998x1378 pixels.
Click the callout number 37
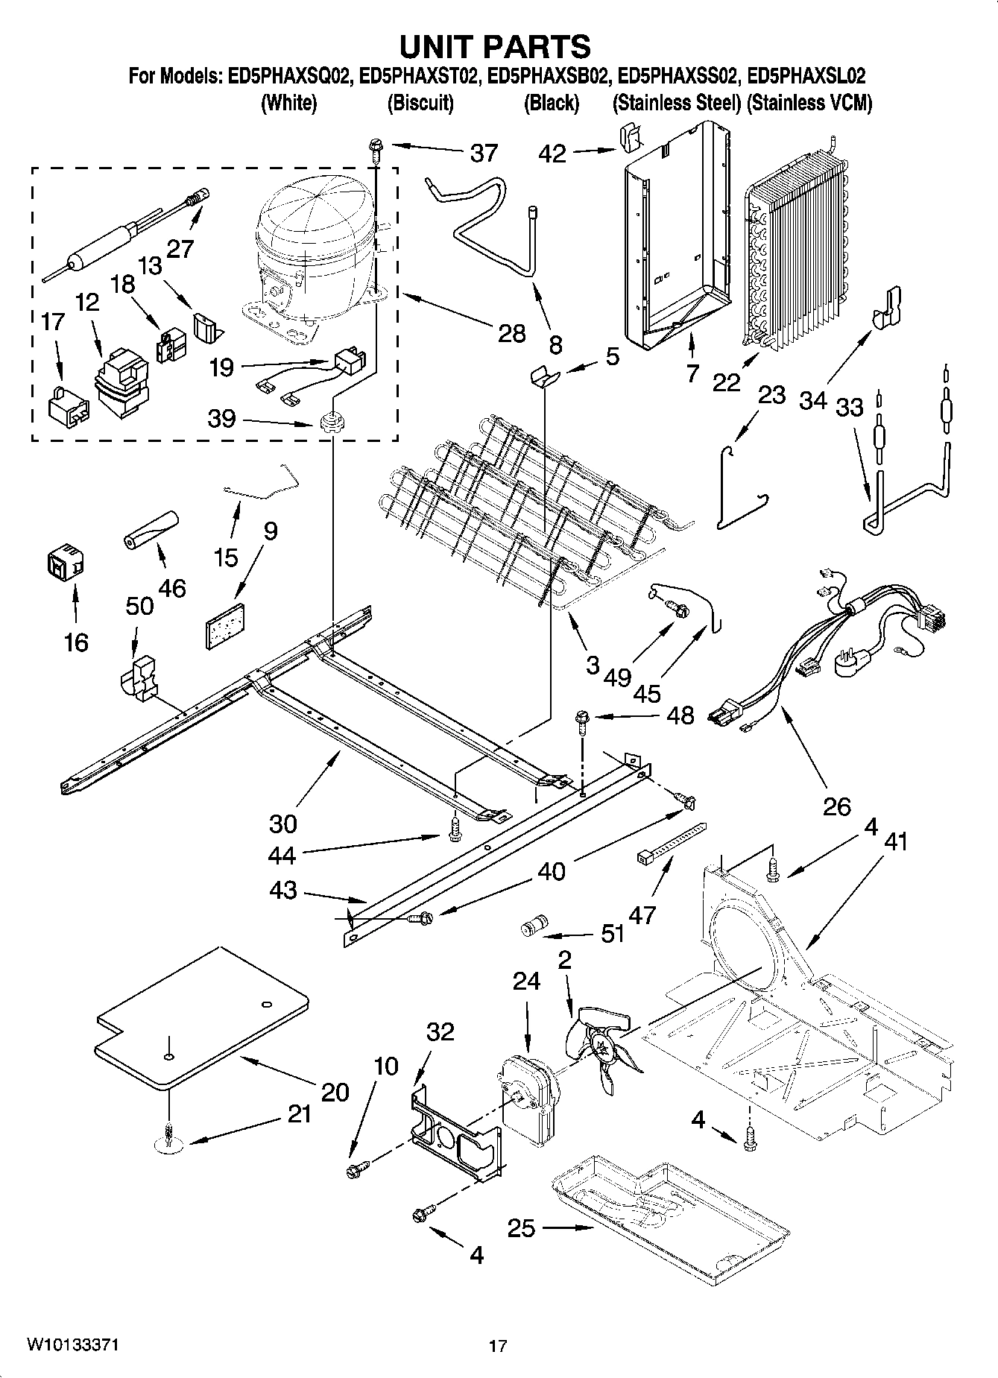pos(484,154)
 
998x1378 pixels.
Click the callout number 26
pos(837,806)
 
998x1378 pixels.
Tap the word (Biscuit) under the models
pos(420,103)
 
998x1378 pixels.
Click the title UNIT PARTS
pos(496,46)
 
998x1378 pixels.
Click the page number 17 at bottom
pos(498,1346)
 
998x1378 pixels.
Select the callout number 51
pos(613,933)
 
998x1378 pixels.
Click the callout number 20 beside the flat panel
pos(335,1092)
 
